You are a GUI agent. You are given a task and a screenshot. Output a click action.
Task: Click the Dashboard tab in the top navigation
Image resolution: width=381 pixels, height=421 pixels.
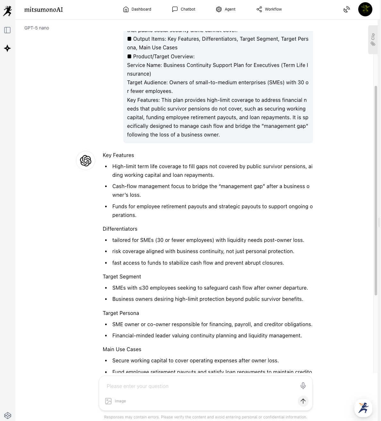click(x=137, y=9)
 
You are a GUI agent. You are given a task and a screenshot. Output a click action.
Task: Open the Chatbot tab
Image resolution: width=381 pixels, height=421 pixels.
click(x=184, y=9)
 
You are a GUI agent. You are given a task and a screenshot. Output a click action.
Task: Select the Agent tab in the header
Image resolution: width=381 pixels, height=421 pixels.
click(x=226, y=9)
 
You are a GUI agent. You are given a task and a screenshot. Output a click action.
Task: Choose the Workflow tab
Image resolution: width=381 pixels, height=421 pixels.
click(x=269, y=9)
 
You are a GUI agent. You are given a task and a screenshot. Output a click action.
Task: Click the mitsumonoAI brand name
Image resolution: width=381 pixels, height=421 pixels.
click(x=44, y=10)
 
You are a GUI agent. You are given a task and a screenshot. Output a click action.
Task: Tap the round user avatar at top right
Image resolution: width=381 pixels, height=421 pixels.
click(x=365, y=9)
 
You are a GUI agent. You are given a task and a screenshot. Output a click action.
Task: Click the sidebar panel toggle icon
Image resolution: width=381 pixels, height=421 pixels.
click(x=7, y=30)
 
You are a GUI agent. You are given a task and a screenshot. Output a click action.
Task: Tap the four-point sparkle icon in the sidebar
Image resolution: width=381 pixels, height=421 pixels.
click(x=7, y=48)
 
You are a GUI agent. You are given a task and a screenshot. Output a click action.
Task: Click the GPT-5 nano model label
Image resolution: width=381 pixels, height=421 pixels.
click(x=37, y=28)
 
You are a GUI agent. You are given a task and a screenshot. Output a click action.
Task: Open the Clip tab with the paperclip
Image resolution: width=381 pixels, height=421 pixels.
click(x=373, y=40)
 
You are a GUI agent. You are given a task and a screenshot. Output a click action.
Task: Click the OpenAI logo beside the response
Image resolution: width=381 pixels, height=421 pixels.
click(x=86, y=161)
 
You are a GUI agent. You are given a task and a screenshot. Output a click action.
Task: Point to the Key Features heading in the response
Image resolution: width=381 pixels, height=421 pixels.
click(x=118, y=155)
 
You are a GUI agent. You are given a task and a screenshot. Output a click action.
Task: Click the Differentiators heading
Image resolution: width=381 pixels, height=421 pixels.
click(x=120, y=229)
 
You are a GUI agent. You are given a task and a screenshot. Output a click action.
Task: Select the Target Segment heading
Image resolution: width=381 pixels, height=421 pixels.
click(x=122, y=277)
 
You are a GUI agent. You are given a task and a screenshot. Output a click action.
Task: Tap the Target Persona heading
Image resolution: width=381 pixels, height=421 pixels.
click(x=121, y=313)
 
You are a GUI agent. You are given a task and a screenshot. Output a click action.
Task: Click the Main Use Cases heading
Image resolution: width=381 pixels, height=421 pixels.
click(x=122, y=349)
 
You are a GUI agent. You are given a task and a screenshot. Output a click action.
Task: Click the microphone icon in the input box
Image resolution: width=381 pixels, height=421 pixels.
click(x=303, y=386)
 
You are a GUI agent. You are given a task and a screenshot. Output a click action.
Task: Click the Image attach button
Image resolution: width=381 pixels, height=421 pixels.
click(x=116, y=401)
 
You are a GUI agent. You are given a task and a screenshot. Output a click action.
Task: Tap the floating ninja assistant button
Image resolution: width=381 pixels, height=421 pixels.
click(x=363, y=408)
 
